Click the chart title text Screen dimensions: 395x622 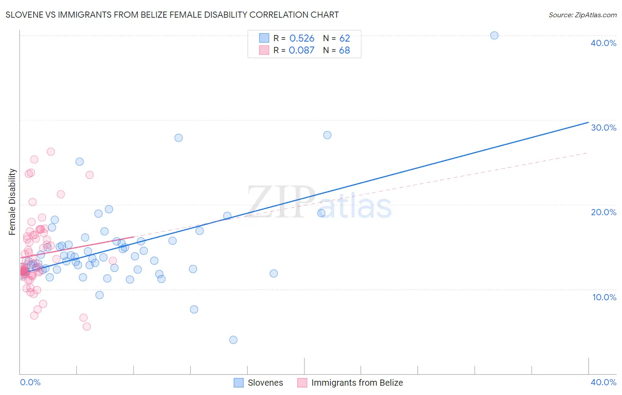click(172, 15)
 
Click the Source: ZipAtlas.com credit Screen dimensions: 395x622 click(582, 15)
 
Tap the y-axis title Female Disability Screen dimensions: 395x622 click(12, 201)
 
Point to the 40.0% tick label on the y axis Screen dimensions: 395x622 click(603, 43)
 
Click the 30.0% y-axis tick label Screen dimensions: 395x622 click(603, 128)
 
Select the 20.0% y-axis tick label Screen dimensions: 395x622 click(603, 212)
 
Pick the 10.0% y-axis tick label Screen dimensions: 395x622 click(604, 297)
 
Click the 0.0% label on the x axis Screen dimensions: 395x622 click(30, 382)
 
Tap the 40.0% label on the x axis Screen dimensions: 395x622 click(603, 382)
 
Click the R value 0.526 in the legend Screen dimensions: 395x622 click(302, 39)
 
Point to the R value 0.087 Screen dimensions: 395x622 click(302, 50)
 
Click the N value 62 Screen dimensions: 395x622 click(345, 39)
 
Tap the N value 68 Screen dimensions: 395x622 click(345, 50)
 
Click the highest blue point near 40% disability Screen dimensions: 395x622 click(494, 35)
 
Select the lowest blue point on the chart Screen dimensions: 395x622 click(233, 340)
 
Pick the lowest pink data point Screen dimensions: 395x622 click(87, 326)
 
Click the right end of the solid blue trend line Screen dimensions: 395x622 click(588, 122)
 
